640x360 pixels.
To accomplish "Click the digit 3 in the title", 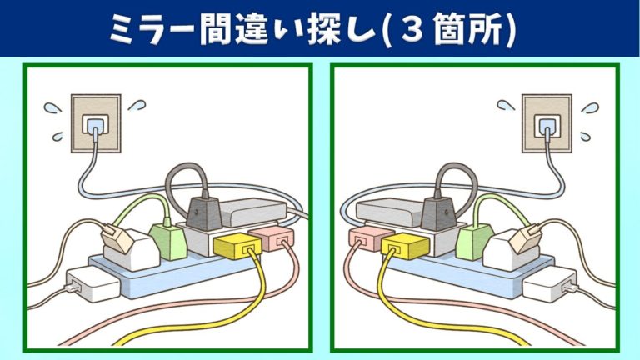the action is point(412,30).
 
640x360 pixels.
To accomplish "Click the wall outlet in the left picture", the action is point(96,123).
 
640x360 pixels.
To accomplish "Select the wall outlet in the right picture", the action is point(547,123).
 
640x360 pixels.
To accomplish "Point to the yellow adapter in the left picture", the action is point(237,246).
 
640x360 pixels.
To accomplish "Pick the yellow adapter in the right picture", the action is point(405,246).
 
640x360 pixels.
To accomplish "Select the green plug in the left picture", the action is point(168,241).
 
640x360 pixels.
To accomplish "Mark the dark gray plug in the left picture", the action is point(204,212).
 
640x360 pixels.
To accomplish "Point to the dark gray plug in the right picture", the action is point(438,212).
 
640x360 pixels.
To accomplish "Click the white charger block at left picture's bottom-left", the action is point(93,284).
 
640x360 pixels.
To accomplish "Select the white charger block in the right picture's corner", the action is point(550,284).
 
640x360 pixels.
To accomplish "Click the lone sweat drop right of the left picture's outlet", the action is point(137,105).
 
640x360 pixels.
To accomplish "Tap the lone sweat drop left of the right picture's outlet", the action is point(506,105).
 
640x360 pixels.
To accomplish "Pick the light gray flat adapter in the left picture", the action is point(253,212).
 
